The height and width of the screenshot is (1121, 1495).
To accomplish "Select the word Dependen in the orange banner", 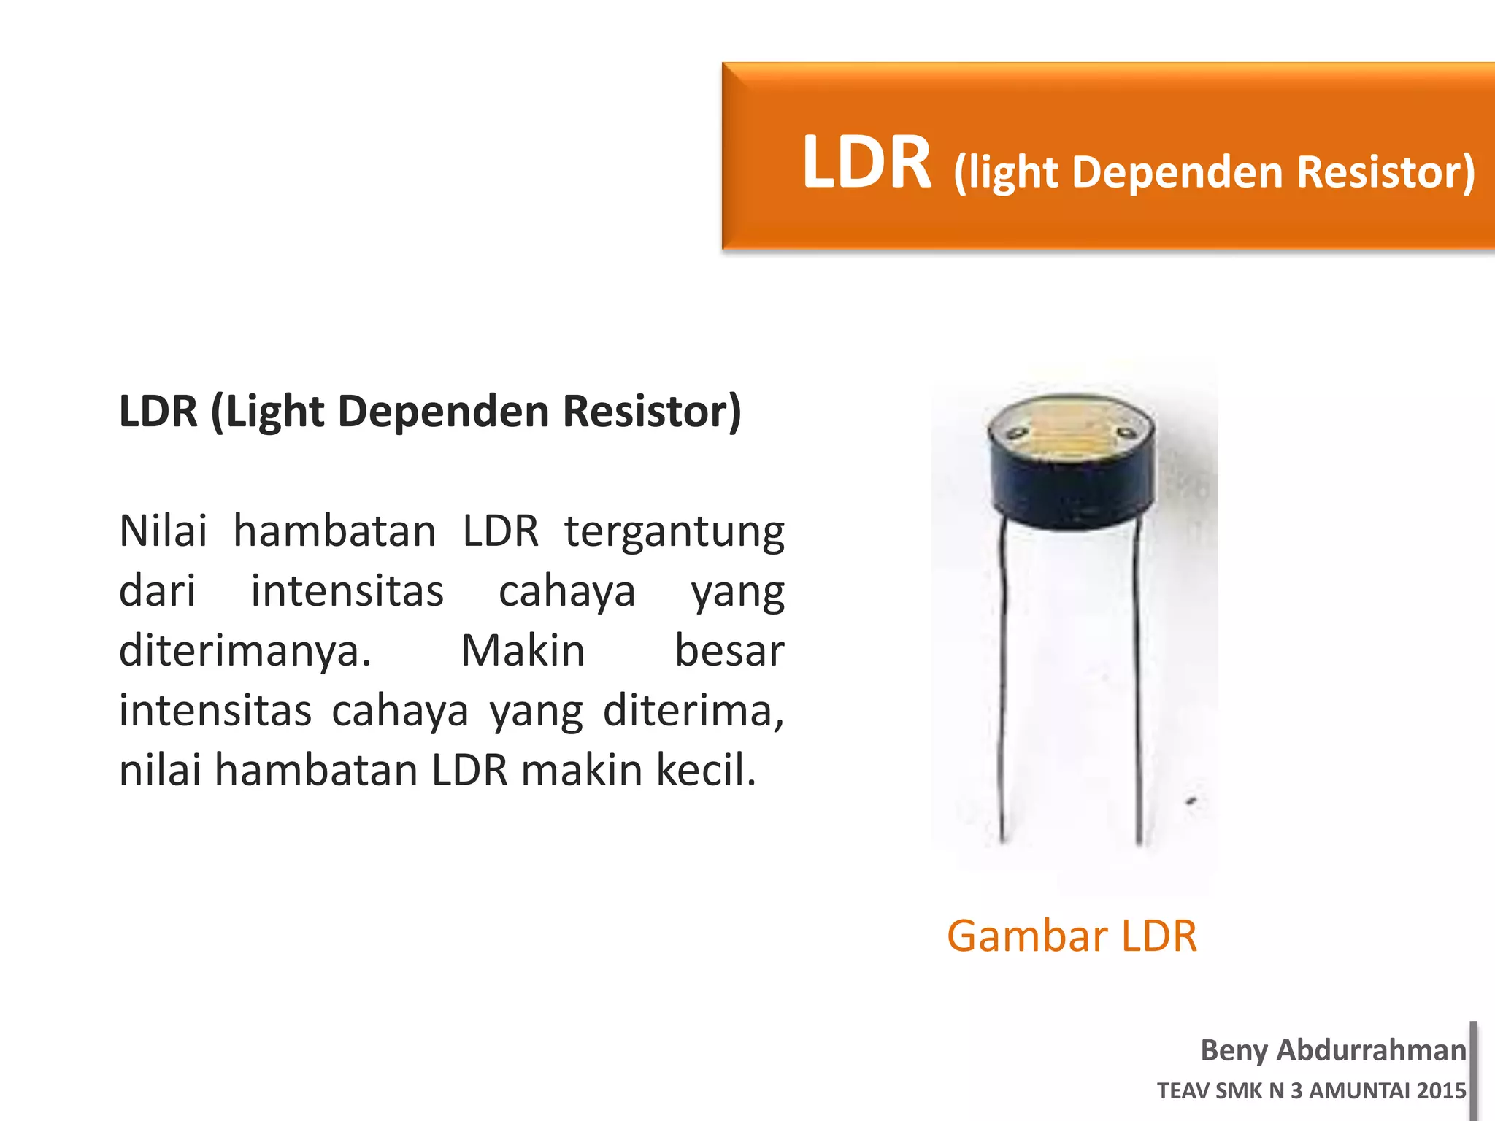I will tap(1175, 172).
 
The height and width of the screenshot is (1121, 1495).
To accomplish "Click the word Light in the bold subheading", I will tap(275, 412).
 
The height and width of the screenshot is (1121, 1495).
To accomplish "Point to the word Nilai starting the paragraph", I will tap(163, 531).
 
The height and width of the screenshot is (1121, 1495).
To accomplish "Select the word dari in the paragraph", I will tap(157, 591).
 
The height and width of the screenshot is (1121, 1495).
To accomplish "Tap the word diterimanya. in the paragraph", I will tap(245, 652).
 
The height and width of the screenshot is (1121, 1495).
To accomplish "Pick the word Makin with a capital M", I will tap(523, 651).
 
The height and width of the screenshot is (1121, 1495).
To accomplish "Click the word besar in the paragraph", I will tap(729, 651).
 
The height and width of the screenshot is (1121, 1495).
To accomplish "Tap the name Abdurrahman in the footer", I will tap(1371, 1050).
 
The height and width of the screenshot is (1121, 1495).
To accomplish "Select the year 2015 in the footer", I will tap(1441, 1091).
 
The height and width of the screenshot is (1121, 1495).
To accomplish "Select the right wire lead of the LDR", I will tap(1137, 679).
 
